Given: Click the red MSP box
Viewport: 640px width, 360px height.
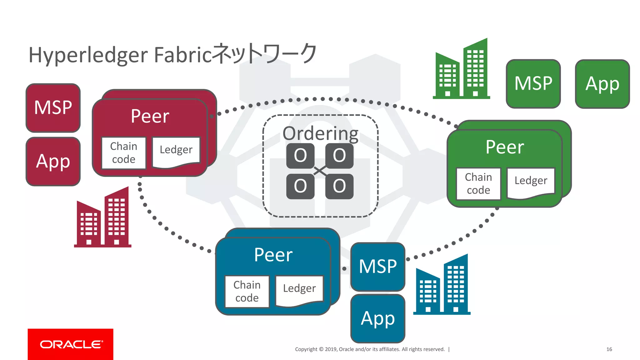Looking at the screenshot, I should [x=53, y=108].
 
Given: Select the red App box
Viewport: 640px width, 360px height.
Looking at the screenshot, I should [x=53, y=162].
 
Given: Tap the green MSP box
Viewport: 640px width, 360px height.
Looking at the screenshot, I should [x=533, y=84].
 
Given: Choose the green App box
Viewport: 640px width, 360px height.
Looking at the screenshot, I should [x=602, y=84].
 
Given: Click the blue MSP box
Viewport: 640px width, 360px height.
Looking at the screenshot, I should [x=378, y=267].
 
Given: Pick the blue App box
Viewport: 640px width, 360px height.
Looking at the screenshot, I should [x=378, y=318].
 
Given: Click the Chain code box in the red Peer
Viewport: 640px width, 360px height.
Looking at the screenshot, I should [x=124, y=153].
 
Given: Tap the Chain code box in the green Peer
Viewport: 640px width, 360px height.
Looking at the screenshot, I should [x=478, y=183].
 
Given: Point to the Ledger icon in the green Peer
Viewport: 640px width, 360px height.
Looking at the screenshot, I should [x=531, y=182].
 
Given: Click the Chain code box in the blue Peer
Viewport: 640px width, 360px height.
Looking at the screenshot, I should [x=247, y=291].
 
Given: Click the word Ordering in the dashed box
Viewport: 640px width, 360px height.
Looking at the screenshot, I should [x=320, y=133].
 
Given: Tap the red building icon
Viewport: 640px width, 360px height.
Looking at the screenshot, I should [x=103, y=219].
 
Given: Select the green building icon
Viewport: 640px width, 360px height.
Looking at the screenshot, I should [x=462, y=70].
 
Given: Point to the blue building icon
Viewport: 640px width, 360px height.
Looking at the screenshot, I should [x=442, y=286].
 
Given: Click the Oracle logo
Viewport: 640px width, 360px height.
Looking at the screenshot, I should [x=71, y=344].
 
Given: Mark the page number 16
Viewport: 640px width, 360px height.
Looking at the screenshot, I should [x=609, y=349].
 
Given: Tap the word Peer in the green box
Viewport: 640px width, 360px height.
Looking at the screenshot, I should [x=505, y=147].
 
